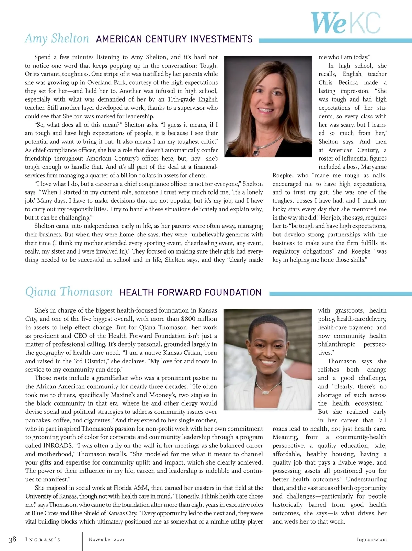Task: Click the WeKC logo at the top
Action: (x=345, y=23)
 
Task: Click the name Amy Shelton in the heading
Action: (x=57, y=38)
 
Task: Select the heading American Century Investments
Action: (x=174, y=39)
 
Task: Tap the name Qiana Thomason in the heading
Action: (x=69, y=292)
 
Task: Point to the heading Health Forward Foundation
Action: (x=190, y=292)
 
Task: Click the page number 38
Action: (x=12, y=539)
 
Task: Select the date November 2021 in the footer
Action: (x=106, y=539)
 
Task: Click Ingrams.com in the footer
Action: (x=371, y=539)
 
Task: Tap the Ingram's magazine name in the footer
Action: (x=43, y=540)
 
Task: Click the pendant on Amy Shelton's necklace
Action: (x=256, y=152)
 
